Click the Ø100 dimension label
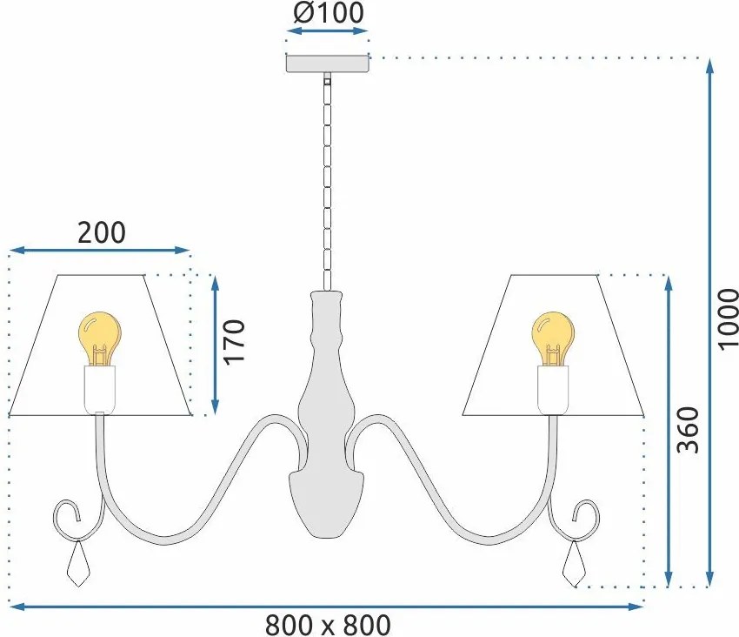pos(329,13)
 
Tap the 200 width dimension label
pos(102,232)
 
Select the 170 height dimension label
pos(234,342)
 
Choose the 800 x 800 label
pos(328,625)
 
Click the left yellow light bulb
pos(99,339)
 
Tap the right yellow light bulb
pos(553,339)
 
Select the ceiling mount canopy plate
pos(328,64)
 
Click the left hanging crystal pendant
pos(78,564)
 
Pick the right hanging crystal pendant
pos(575,564)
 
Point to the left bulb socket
pos(99,389)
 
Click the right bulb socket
pos(553,389)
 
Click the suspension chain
pos(327,182)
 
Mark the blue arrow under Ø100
pos(327,31)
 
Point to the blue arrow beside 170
pos(215,345)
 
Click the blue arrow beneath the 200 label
pos(99,250)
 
